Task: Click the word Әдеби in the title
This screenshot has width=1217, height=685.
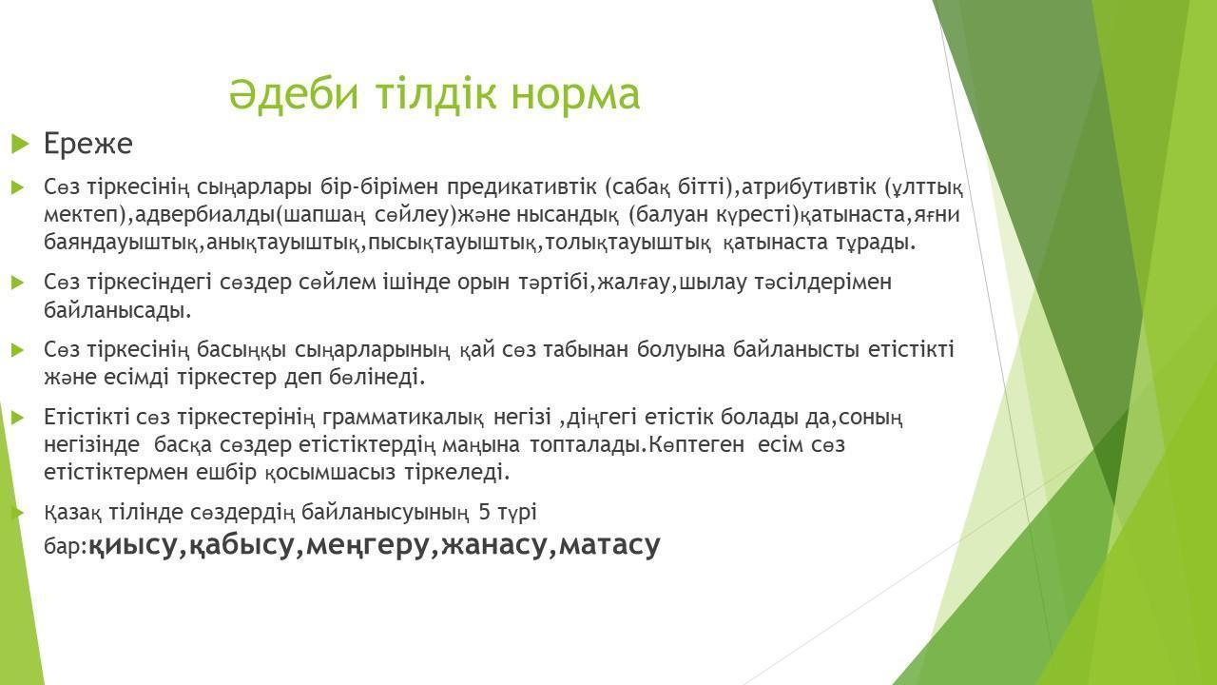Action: coord(294,94)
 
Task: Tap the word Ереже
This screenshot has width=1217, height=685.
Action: coord(88,144)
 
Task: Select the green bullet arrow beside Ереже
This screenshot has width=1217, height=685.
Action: coord(20,144)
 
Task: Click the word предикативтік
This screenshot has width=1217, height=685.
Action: coord(522,187)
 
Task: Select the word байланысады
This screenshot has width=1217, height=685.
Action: coord(117,310)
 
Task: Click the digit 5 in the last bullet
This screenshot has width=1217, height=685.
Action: coord(485,512)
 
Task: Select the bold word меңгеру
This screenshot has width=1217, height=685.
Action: coord(368,545)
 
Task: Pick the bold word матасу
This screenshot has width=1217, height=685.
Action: coord(609,545)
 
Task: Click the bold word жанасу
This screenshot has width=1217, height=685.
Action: coord(493,545)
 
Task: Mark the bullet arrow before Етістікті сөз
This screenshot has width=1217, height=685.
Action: coord(18,418)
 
